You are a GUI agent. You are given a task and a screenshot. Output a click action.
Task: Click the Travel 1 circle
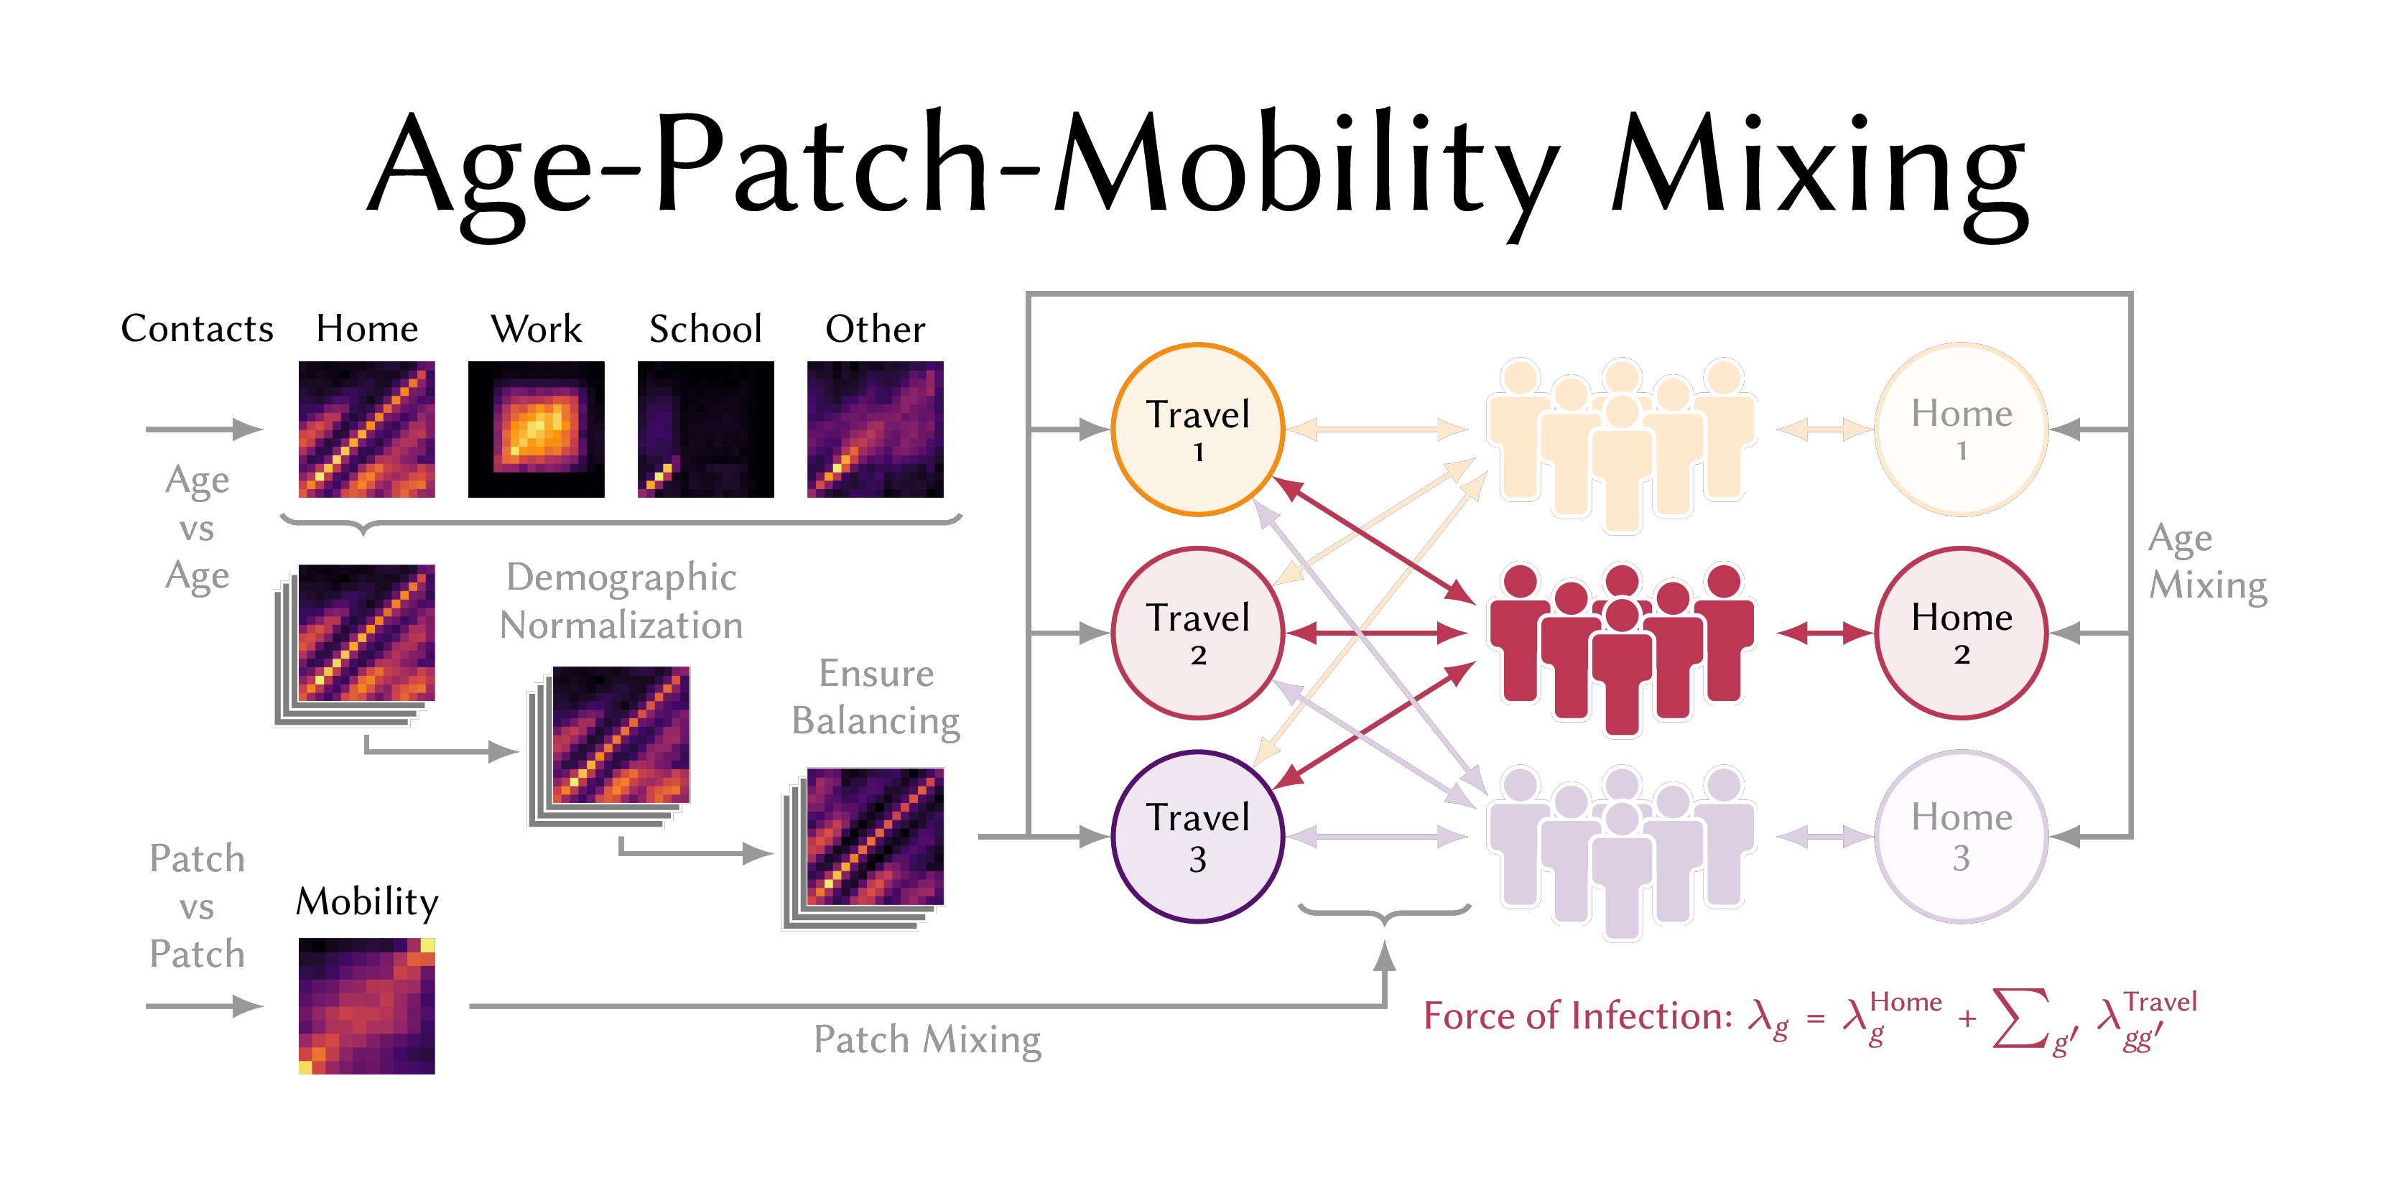click(1197, 430)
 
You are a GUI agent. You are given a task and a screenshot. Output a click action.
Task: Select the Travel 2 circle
click(1197, 633)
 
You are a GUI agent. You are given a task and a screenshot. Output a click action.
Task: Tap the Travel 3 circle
click(1197, 837)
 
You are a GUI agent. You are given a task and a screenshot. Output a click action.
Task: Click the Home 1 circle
click(1961, 430)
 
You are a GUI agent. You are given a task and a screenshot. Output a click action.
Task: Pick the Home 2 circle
click(1961, 633)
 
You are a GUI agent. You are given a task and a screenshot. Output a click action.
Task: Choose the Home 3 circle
click(1961, 837)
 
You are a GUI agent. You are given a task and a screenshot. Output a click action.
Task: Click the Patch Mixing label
click(927, 1039)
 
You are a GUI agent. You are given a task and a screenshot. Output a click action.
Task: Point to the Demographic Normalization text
click(621, 601)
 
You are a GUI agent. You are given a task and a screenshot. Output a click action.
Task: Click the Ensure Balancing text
click(876, 697)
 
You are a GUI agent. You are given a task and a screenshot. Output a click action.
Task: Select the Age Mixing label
click(2207, 561)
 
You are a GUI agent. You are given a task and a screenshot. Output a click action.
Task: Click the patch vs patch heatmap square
click(367, 1006)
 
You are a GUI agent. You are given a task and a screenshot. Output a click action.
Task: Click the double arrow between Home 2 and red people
click(1825, 633)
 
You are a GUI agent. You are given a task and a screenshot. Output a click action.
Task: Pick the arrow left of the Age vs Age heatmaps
click(204, 430)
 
